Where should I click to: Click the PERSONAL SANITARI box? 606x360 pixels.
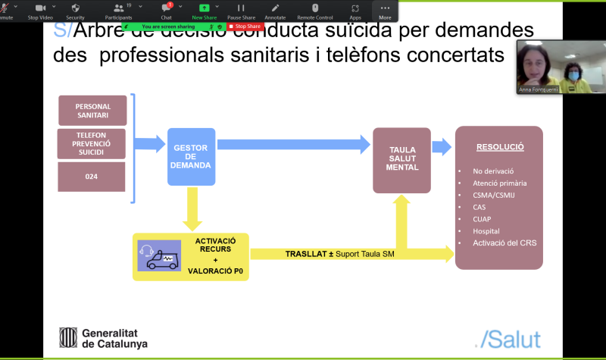tap(93, 111)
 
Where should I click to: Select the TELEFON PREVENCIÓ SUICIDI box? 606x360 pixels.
tap(93, 144)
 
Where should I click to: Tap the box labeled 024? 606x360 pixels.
tap(93, 177)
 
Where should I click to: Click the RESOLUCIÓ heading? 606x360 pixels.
tap(499, 147)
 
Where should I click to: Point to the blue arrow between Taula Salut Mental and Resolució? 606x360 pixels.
tap(442, 147)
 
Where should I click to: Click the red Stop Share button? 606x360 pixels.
tap(245, 27)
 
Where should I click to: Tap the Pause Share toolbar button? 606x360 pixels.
tap(240, 11)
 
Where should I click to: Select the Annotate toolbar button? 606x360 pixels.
tap(275, 11)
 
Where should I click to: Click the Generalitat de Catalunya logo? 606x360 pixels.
tap(104, 337)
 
